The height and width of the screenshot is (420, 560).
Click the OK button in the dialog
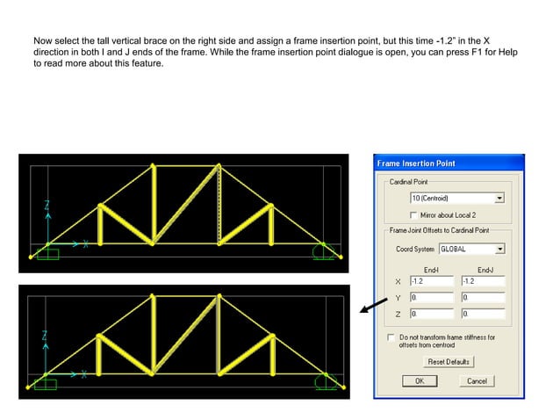pos(419,381)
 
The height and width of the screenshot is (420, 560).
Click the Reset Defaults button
pos(449,362)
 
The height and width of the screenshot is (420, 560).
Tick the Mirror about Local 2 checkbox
pos(414,214)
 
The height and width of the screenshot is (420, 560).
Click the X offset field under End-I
pos(431,281)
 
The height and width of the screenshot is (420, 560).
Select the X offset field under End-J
pos(482,281)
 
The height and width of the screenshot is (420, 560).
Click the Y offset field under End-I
pos(431,297)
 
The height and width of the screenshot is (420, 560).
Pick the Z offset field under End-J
pos(482,313)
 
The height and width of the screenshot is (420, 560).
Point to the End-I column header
pos(431,269)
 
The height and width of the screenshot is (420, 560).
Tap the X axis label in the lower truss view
pos(84,374)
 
